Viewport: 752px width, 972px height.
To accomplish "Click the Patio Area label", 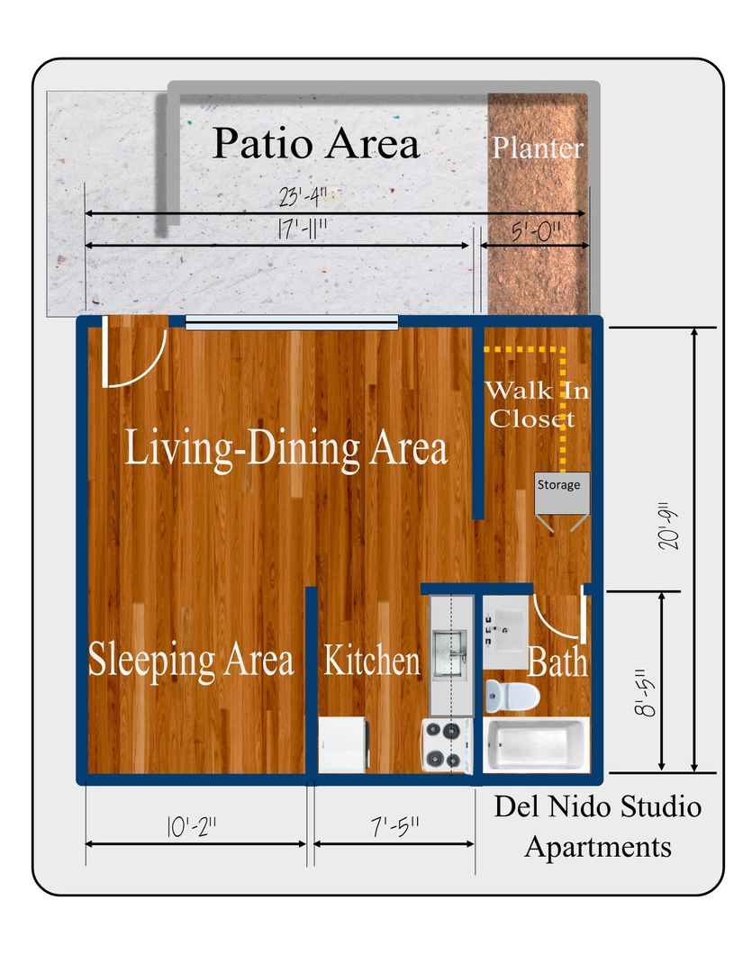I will [316, 143].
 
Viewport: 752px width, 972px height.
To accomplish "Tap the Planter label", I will [538, 148].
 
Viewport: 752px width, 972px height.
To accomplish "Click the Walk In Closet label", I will [530, 404].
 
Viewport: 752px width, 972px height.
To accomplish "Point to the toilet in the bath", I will [511, 694].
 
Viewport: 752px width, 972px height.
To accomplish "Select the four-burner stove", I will [447, 744].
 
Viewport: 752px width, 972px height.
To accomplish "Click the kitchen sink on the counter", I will [448, 650].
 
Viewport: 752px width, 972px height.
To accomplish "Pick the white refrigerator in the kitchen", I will [343, 743].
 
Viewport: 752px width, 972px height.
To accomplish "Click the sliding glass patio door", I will [292, 322].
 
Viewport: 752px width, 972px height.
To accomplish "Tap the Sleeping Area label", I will [191, 660].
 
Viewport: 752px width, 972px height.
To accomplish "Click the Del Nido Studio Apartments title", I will [597, 826].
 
